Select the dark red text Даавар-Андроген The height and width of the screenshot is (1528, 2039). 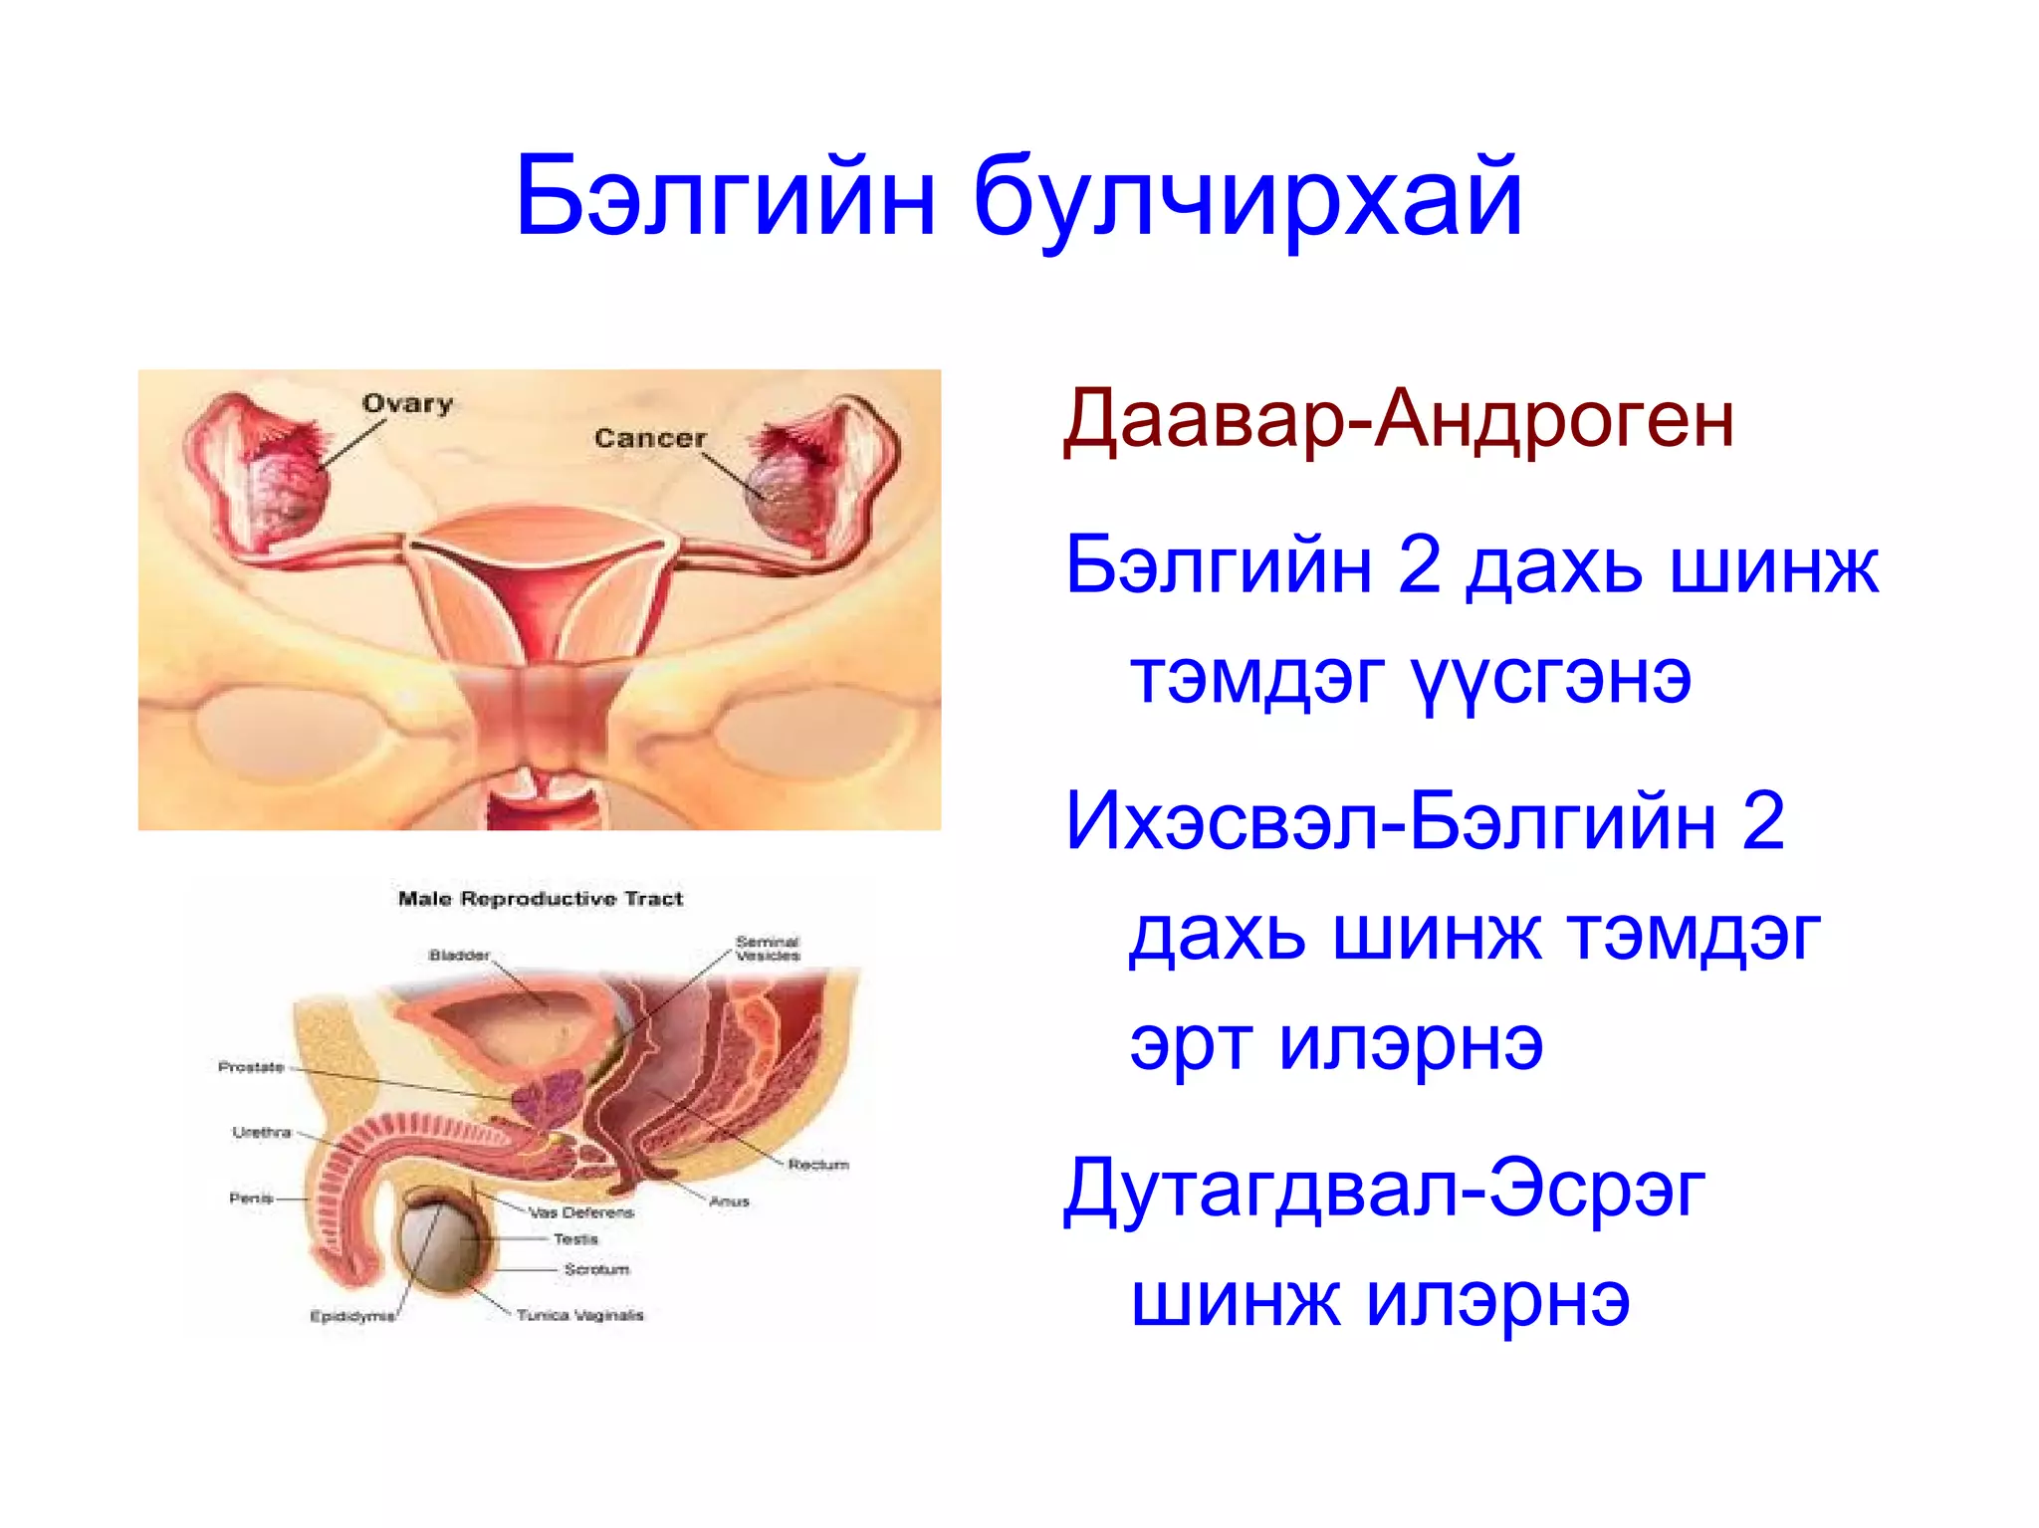click(x=1399, y=419)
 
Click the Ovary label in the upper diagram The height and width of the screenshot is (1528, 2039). click(x=407, y=404)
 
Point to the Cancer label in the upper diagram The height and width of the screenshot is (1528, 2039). click(x=649, y=438)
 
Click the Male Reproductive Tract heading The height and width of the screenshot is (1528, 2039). click(x=541, y=899)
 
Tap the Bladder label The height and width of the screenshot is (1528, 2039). click(x=459, y=955)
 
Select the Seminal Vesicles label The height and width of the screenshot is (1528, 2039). click(x=768, y=948)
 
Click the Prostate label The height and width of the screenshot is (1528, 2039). click(x=251, y=1067)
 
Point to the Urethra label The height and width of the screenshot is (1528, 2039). click(x=262, y=1132)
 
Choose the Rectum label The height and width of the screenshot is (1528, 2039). click(x=818, y=1164)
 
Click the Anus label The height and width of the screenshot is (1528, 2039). click(x=729, y=1201)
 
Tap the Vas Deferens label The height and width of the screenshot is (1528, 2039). click(x=581, y=1212)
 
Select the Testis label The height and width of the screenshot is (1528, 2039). click(x=575, y=1239)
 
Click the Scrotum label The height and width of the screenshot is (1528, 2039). click(x=596, y=1269)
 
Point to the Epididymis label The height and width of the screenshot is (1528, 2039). click(x=352, y=1316)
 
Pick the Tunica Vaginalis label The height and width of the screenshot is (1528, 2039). click(x=580, y=1315)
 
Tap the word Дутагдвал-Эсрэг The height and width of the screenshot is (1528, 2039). click(x=1384, y=1190)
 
